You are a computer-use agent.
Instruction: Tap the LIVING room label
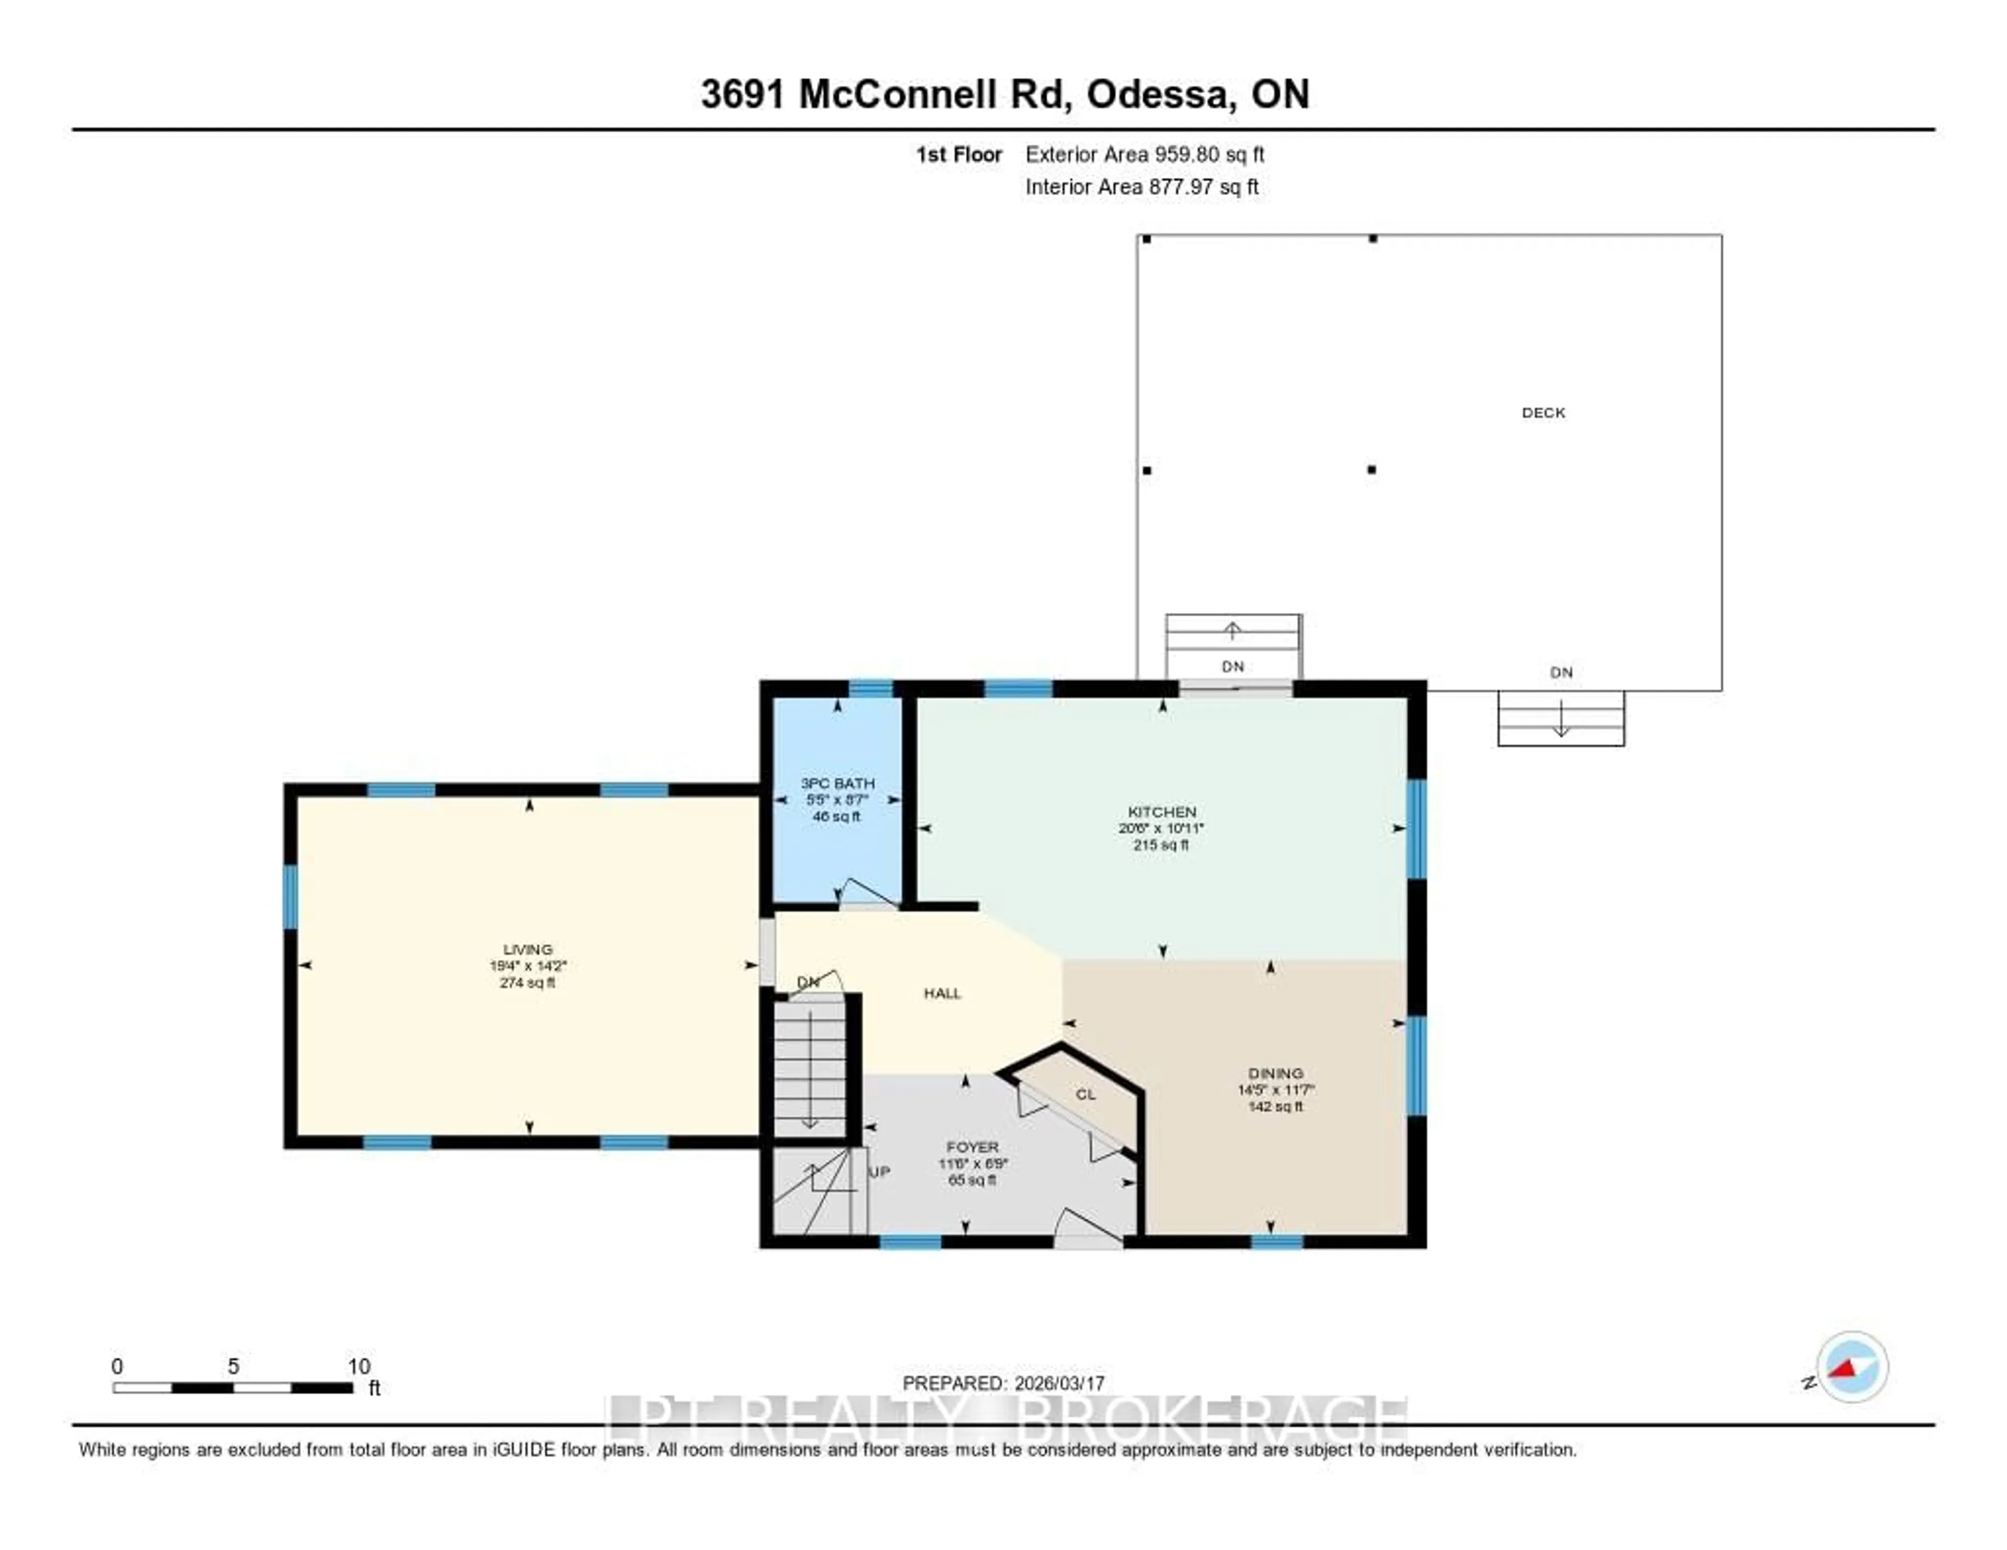(527, 949)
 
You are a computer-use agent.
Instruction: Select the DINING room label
(1275, 1073)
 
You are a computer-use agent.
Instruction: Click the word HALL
(942, 993)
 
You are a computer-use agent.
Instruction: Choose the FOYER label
(972, 1147)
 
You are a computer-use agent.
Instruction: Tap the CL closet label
(1085, 1094)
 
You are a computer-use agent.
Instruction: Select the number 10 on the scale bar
(359, 1366)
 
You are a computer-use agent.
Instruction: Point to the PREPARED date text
(1002, 1383)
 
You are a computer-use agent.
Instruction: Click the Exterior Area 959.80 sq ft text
(1144, 154)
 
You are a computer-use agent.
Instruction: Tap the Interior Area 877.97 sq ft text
(1141, 187)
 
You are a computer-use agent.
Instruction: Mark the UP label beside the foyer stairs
(880, 1172)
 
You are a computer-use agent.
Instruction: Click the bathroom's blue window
(870, 688)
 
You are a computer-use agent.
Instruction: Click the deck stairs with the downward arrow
(1560, 719)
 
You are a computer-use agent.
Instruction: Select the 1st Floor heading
(959, 154)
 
